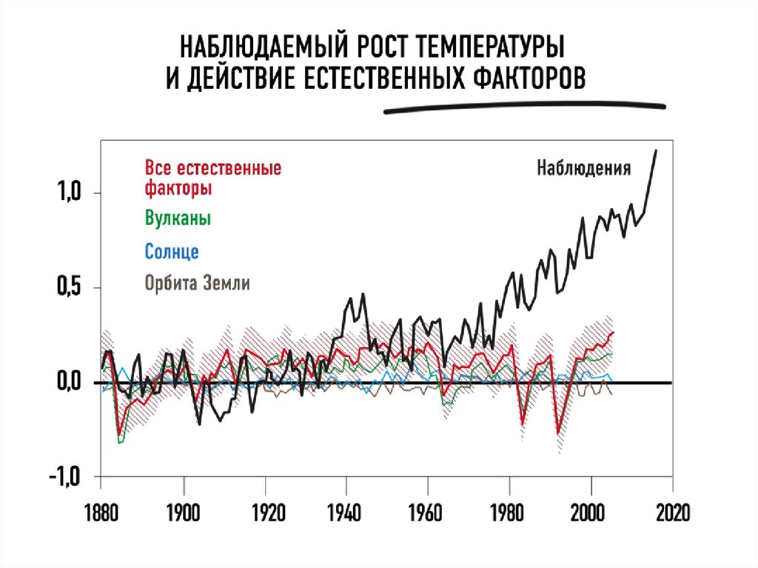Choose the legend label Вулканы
coord(178,219)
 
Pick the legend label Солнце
coord(172,251)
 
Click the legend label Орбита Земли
coord(198,283)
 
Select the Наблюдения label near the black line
coord(584,167)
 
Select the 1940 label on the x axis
coord(346,512)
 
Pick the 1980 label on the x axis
coord(509,512)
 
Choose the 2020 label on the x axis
coord(671,512)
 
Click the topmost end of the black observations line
coord(656,151)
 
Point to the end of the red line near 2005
coord(613,333)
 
